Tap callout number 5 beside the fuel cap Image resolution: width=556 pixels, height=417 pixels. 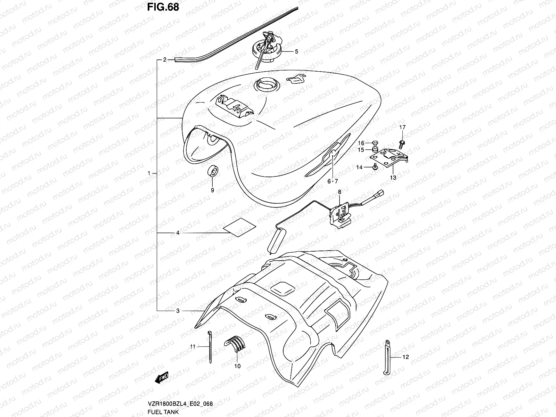(x=296, y=52)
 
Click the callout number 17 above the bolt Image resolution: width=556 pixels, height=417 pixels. (x=402, y=128)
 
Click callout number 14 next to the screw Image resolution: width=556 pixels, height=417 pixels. (x=359, y=167)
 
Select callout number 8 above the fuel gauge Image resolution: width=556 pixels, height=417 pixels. (x=340, y=191)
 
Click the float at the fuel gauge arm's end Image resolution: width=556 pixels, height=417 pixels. (x=275, y=240)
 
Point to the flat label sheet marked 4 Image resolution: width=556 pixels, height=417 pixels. (x=239, y=228)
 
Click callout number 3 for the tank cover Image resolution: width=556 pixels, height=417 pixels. (x=178, y=311)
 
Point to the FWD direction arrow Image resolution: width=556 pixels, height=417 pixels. (x=162, y=378)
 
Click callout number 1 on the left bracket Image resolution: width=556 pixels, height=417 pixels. (x=149, y=173)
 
